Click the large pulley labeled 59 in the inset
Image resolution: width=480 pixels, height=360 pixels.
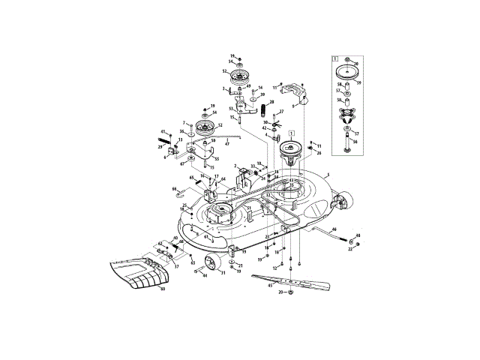[x=346, y=73]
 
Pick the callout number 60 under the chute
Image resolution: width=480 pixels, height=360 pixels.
[x=161, y=289]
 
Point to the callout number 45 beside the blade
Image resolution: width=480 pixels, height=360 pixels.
[x=271, y=284]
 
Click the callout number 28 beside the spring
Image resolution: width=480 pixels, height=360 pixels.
[x=271, y=103]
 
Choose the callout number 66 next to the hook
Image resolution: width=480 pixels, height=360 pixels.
[x=174, y=189]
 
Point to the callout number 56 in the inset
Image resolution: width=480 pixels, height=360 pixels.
[x=355, y=141]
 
